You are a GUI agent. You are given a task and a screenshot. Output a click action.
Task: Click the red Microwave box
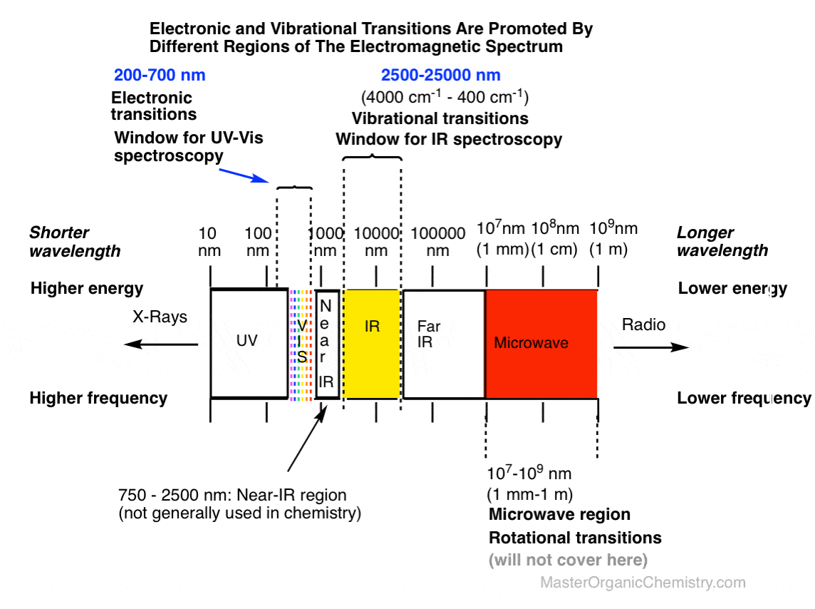tap(541, 343)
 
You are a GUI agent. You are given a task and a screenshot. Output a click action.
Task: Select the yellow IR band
tap(371, 343)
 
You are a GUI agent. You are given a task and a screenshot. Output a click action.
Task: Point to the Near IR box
tap(326, 343)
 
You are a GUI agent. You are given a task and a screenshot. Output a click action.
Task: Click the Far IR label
tap(429, 334)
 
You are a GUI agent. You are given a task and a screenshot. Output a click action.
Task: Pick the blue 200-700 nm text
tap(160, 76)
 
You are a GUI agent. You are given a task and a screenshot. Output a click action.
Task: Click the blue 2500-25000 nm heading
tap(440, 76)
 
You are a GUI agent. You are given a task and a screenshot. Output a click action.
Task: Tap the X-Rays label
tap(160, 317)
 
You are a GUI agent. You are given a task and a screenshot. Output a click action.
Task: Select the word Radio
tap(643, 325)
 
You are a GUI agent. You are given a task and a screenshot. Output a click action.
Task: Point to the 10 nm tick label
tap(208, 241)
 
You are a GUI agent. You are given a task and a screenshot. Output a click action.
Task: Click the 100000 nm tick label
tap(438, 241)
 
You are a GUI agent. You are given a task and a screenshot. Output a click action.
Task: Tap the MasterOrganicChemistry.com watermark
tap(643, 583)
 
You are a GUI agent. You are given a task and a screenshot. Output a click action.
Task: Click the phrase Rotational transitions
tap(575, 537)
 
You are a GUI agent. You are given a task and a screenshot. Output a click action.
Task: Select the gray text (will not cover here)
tap(568, 560)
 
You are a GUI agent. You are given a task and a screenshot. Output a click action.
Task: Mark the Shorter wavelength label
tap(75, 241)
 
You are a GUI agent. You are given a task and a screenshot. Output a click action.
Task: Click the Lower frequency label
tap(744, 398)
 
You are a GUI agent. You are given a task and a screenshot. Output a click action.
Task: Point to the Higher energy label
tap(87, 289)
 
